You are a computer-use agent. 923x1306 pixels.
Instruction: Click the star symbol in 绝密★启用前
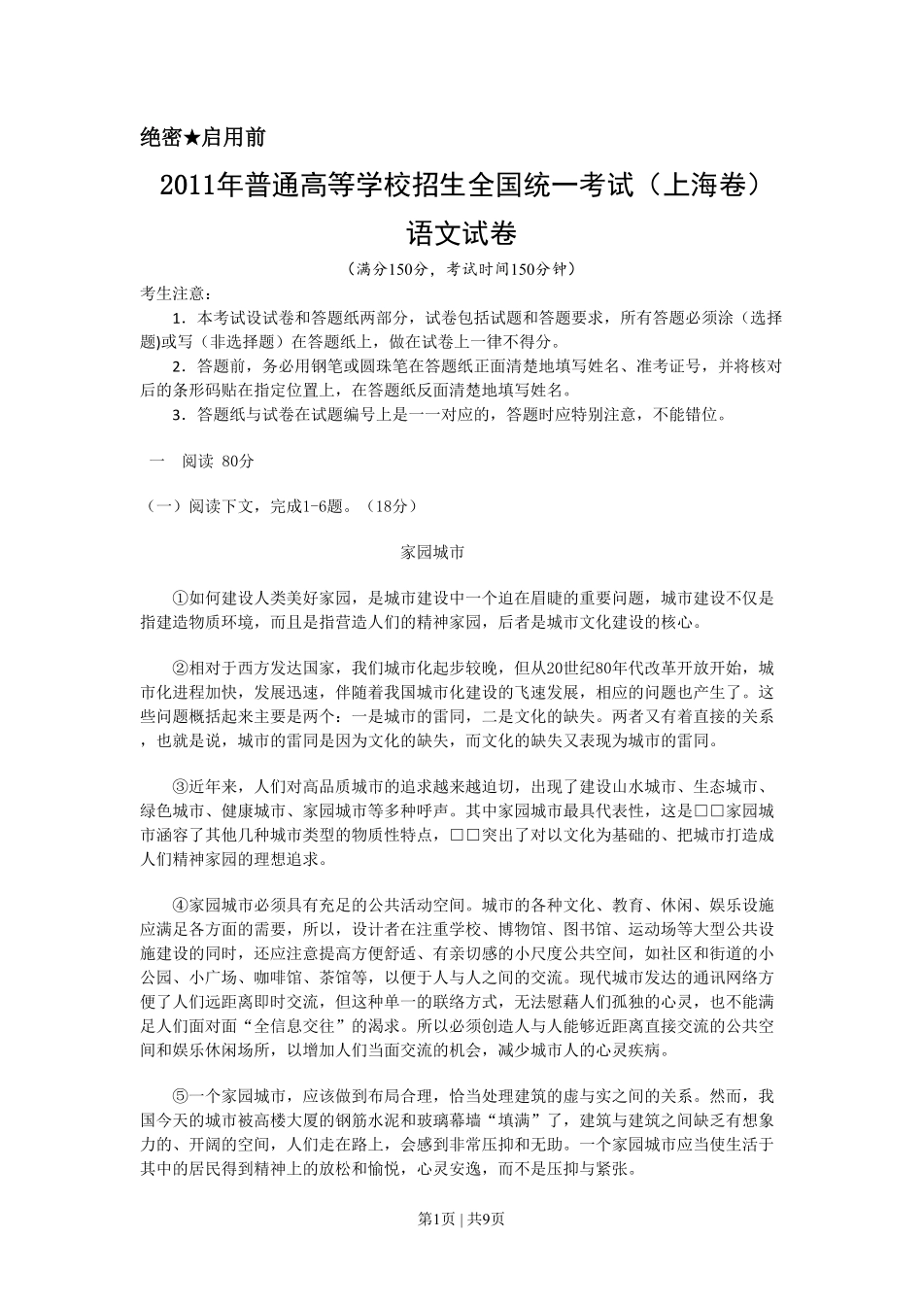click(x=191, y=138)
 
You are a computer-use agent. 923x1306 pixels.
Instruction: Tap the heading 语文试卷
click(x=461, y=235)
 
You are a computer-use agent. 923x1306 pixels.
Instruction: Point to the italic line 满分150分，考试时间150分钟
click(x=461, y=268)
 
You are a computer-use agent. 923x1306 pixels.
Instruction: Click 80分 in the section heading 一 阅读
click(x=238, y=461)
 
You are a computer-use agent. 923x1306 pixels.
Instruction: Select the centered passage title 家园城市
click(x=433, y=552)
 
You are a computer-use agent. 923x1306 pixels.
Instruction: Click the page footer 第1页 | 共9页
click(x=461, y=1219)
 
